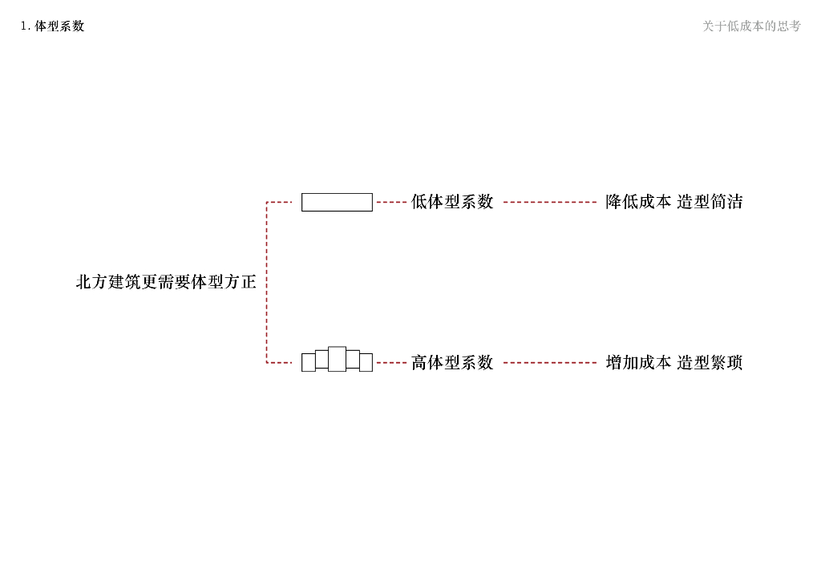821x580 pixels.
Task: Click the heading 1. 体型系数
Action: pyautogui.click(x=52, y=26)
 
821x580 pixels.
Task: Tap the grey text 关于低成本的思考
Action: pyautogui.click(x=751, y=26)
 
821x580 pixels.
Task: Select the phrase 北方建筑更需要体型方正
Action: pyautogui.click(x=166, y=282)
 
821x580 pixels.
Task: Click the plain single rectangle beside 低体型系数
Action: pyautogui.click(x=337, y=202)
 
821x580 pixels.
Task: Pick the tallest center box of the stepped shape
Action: pyautogui.click(x=337, y=359)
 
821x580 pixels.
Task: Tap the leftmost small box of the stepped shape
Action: pyautogui.click(x=308, y=363)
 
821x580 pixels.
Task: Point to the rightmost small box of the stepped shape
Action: pyautogui.click(x=366, y=363)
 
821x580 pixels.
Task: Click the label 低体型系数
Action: pyautogui.click(x=452, y=202)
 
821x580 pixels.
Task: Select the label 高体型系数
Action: pyautogui.click(x=452, y=363)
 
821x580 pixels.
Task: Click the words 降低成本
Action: pyautogui.click(x=638, y=202)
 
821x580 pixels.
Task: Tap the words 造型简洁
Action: pyautogui.click(x=710, y=202)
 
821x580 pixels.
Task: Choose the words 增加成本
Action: pyautogui.click(x=638, y=363)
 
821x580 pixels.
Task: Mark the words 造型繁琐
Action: pyautogui.click(x=710, y=363)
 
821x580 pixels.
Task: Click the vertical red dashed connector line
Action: pyautogui.click(x=266, y=282)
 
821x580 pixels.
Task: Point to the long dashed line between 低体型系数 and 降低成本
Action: pyautogui.click(x=550, y=203)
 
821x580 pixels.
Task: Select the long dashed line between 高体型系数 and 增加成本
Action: pyautogui.click(x=550, y=363)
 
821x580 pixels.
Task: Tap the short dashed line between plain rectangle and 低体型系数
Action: pyautogui.click(x=391, y=203)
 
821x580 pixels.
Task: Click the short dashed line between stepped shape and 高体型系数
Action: pyautogui.click(x=391, y=363)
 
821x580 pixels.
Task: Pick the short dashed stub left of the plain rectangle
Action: pyautogui.click(x=280, y=203)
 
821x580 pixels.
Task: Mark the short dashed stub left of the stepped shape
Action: pyautogui.click(x=280, y=363)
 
